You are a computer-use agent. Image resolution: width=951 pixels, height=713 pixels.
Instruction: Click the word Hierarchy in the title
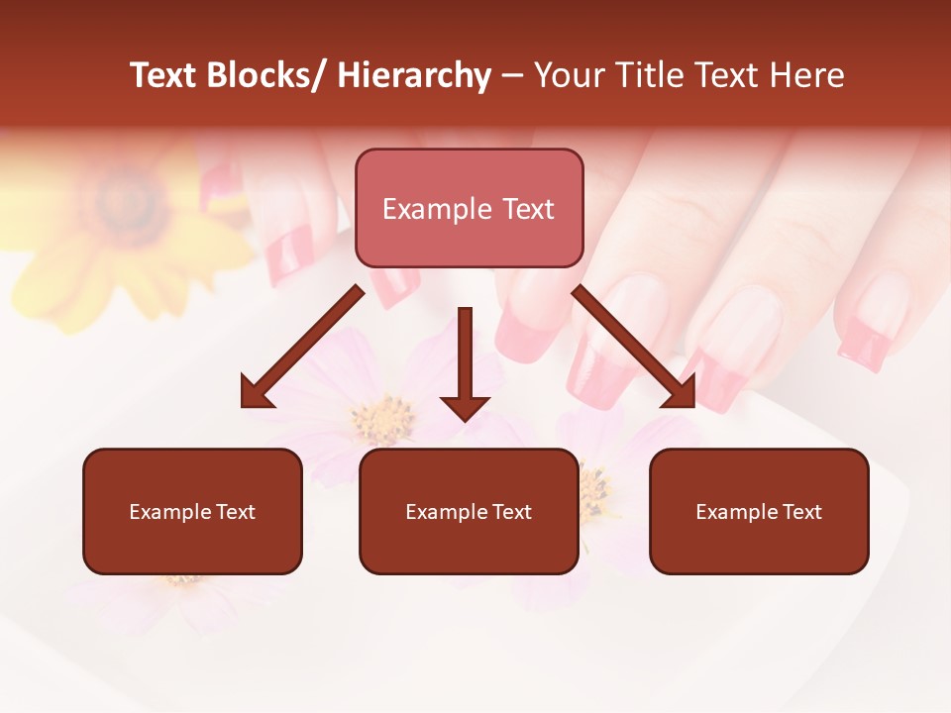click(x=414, y=75)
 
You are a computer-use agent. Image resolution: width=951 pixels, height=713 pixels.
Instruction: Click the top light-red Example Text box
click(x=469, y=209)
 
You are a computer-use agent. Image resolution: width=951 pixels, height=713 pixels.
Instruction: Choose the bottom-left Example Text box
click(x=192, y=512)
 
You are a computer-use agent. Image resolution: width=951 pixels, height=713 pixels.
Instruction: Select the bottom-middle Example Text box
click(x=469, y=512)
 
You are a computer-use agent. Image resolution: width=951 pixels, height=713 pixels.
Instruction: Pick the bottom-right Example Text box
click(x=759, y=512)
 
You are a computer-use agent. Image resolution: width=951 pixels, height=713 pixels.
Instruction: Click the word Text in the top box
click(x=526, y=209)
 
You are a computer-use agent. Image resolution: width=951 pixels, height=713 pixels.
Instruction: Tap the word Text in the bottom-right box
click(x=801, y=512)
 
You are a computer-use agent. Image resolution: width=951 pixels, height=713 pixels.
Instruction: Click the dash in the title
click(x=512, y=75)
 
